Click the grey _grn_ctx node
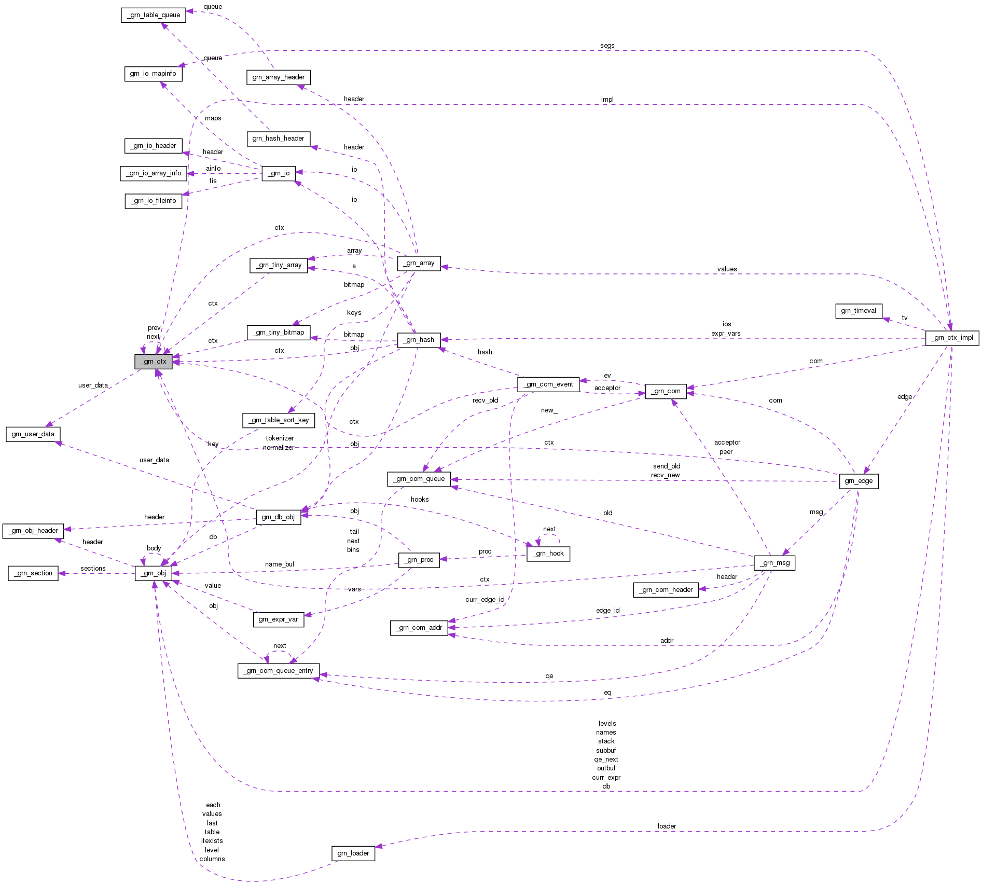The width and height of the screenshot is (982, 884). click(154, 362)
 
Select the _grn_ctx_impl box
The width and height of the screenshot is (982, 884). click(952, 338)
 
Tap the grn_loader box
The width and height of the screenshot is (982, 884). click(353, 853)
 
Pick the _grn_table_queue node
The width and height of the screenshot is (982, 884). click(154, 15)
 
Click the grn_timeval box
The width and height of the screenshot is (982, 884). click(858, 311)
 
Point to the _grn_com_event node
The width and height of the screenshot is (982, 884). click(548, 384)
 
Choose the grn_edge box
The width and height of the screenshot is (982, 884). click(859, 481)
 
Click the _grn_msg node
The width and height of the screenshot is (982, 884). click(774, 563)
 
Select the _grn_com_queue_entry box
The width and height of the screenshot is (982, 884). click(279, 671)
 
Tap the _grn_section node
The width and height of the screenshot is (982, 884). click(33, 573)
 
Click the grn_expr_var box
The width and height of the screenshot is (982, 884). click(278, 619)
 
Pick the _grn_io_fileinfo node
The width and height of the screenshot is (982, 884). click(154, 201)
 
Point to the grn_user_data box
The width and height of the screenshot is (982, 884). click(33, 434)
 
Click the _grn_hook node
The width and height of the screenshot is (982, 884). click(548, 554)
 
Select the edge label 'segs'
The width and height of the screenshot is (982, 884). click(607, 46)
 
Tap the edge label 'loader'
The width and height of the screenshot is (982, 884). click(667, 826)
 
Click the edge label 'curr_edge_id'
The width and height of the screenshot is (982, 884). click(485, 600)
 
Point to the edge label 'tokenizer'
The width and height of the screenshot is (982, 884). click(280, 438)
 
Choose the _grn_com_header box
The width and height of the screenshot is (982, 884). click(666, 590)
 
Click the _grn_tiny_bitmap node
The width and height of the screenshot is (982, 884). click(279, 333)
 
